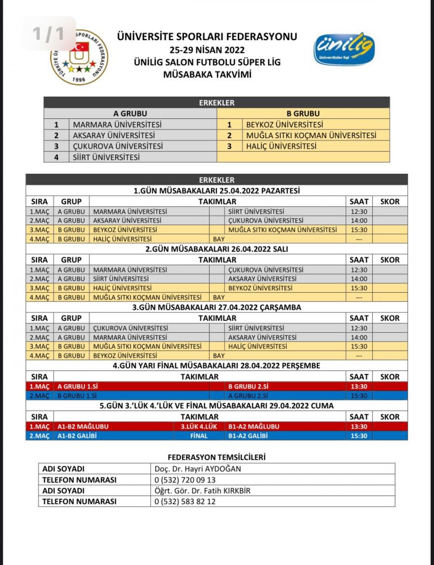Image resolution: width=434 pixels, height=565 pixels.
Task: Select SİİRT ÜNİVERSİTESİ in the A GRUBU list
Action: coord(106,157)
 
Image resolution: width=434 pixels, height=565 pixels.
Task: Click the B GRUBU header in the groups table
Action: coord(303,113)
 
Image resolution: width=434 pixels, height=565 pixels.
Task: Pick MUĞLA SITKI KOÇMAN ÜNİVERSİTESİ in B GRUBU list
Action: coord(311,136)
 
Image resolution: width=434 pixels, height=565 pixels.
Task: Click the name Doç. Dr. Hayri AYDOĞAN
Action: coord(197,469)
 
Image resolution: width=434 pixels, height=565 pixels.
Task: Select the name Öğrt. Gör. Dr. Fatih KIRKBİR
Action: coord(203,491)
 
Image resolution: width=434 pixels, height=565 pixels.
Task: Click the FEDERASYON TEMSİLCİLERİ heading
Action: coord(217,456)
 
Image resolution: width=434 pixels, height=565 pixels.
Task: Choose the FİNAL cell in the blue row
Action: coord(199,436)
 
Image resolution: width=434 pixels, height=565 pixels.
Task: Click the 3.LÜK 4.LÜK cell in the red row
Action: coord(199,426)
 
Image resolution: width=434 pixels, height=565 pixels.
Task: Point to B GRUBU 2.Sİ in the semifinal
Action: coord(248,386)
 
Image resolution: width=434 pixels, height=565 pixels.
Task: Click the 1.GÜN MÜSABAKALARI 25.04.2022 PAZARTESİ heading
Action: coord(217,191)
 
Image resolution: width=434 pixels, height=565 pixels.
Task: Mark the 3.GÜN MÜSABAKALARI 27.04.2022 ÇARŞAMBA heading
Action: coord(217,307)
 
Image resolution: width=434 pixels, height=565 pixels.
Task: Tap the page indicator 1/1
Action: coord(48,34)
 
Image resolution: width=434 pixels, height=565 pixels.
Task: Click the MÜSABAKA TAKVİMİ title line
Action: coord(207,74)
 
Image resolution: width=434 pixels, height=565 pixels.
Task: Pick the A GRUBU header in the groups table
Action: coord(130,113)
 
